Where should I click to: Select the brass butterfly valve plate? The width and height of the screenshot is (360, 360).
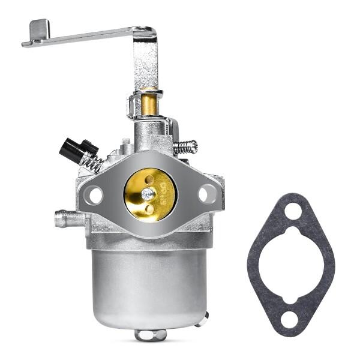[x=150, y=193]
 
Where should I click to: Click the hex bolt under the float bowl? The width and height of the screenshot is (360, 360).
[x=150, y=334]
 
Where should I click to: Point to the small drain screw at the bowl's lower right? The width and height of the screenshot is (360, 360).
[x=205, y=316]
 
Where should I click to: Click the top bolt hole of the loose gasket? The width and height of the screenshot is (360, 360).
[x=292, y=211]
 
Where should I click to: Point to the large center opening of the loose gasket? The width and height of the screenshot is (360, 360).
[x=292, y=264]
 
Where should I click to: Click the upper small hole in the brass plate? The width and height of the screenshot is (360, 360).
[x=149, y=179]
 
